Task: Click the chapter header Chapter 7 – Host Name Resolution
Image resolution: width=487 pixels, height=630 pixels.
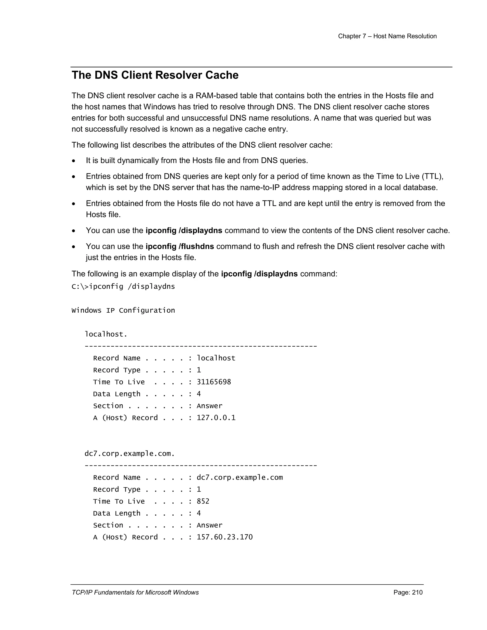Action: (387, 36)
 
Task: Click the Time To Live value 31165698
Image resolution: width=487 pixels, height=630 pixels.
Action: (214, 382)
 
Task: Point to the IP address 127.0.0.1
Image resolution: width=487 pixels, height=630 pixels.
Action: (216, 418)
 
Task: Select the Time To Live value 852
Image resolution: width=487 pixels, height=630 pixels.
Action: (203, 502)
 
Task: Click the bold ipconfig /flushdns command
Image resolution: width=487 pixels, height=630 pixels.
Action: (180, 247)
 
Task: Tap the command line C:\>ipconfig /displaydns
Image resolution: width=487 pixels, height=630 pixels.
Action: (123, 287)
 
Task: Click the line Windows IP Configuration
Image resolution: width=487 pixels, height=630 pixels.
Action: (123, 311)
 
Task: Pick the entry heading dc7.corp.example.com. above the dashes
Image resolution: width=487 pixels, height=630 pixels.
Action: (130, 454)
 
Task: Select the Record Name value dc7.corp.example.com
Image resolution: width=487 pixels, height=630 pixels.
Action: (239, 478)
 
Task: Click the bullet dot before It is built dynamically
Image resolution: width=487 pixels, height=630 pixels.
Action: (74, 161)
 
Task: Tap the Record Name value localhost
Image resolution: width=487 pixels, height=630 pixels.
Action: (216, 358)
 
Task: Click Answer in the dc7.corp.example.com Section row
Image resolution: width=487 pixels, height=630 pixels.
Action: (209, 525)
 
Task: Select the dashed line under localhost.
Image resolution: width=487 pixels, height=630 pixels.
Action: (201, 346)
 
